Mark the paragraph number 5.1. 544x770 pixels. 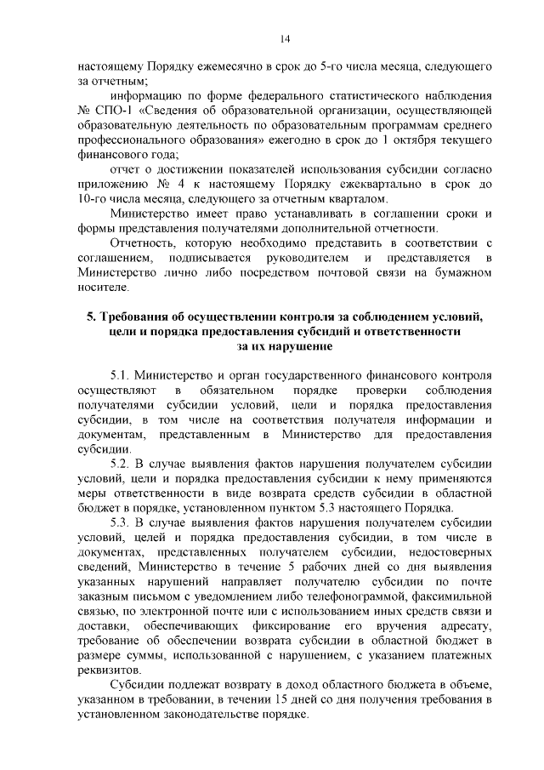[x=121, y=376]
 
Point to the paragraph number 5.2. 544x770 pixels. [x=121, y=465]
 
